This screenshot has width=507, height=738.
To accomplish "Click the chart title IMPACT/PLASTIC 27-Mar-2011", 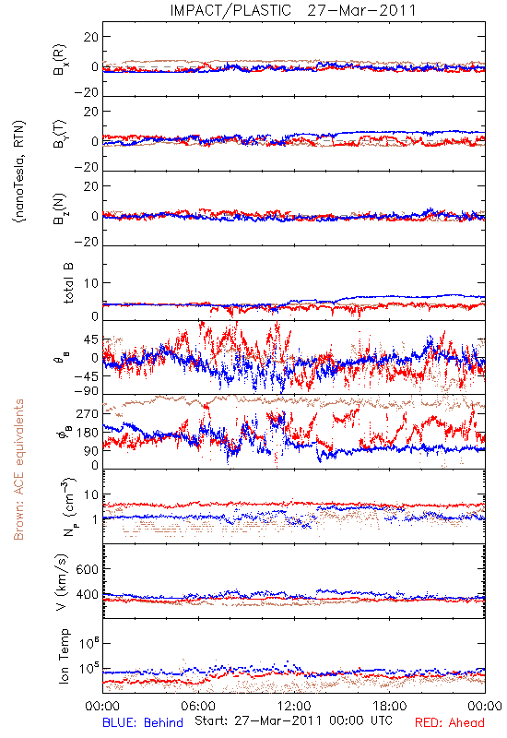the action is pos(293,10).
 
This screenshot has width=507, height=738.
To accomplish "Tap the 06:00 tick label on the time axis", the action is pos(198,706).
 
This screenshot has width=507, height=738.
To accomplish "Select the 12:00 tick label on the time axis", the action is pos(294,706).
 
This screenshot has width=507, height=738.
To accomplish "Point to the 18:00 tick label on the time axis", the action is pos(390,706).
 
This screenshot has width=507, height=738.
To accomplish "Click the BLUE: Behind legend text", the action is pos(143,722).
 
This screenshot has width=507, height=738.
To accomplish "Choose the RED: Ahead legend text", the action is pos(449,722).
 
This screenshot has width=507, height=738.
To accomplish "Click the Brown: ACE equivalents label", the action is pos(18,470).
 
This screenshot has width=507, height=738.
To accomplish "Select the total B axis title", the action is pos(67,283).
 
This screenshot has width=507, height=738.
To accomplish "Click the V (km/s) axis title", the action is pos(62,583).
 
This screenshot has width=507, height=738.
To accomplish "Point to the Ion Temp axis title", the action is pos(64,656).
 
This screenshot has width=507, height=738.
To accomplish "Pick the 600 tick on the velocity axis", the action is pos(87,569).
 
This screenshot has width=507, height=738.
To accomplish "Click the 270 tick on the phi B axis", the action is pos(87,413).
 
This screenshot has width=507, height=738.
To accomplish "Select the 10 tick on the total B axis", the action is pos(90,283).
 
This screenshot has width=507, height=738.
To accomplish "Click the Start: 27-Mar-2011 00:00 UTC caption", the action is pos(293,720).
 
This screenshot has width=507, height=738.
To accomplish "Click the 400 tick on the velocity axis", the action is pos(87,594).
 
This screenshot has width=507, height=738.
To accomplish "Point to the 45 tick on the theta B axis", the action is pos(90,339).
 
